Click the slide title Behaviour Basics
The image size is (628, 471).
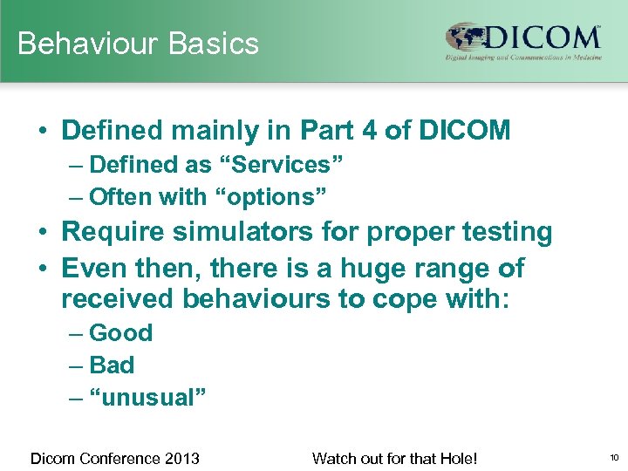(138, 44)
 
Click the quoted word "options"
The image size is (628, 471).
(272, 197)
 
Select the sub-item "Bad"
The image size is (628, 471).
(112, 365)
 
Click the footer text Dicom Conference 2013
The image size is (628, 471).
(115, 458)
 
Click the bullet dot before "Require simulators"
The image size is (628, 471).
(43, 233)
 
